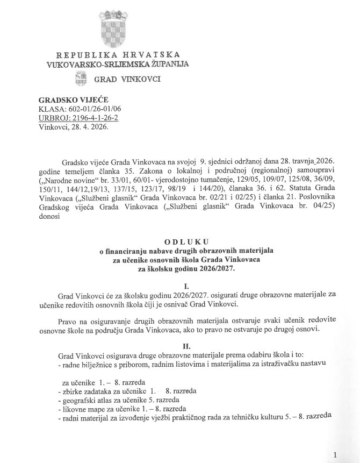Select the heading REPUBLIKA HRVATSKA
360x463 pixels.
118,55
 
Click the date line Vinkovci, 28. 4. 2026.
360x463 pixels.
74,127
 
